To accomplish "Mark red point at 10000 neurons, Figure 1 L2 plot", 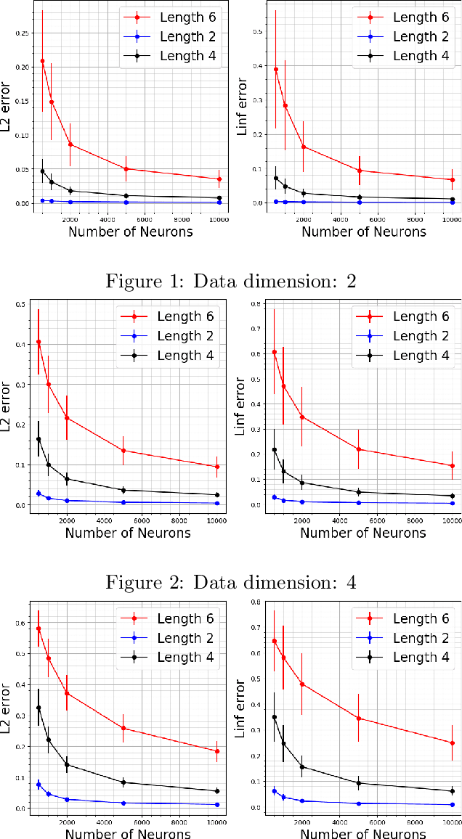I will [x=219, y=179].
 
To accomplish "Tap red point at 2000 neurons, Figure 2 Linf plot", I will [x=302, y=417].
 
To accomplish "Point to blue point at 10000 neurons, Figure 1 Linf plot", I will [x=452, y=202].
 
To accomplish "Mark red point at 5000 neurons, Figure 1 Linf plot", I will [x=359, y=171].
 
